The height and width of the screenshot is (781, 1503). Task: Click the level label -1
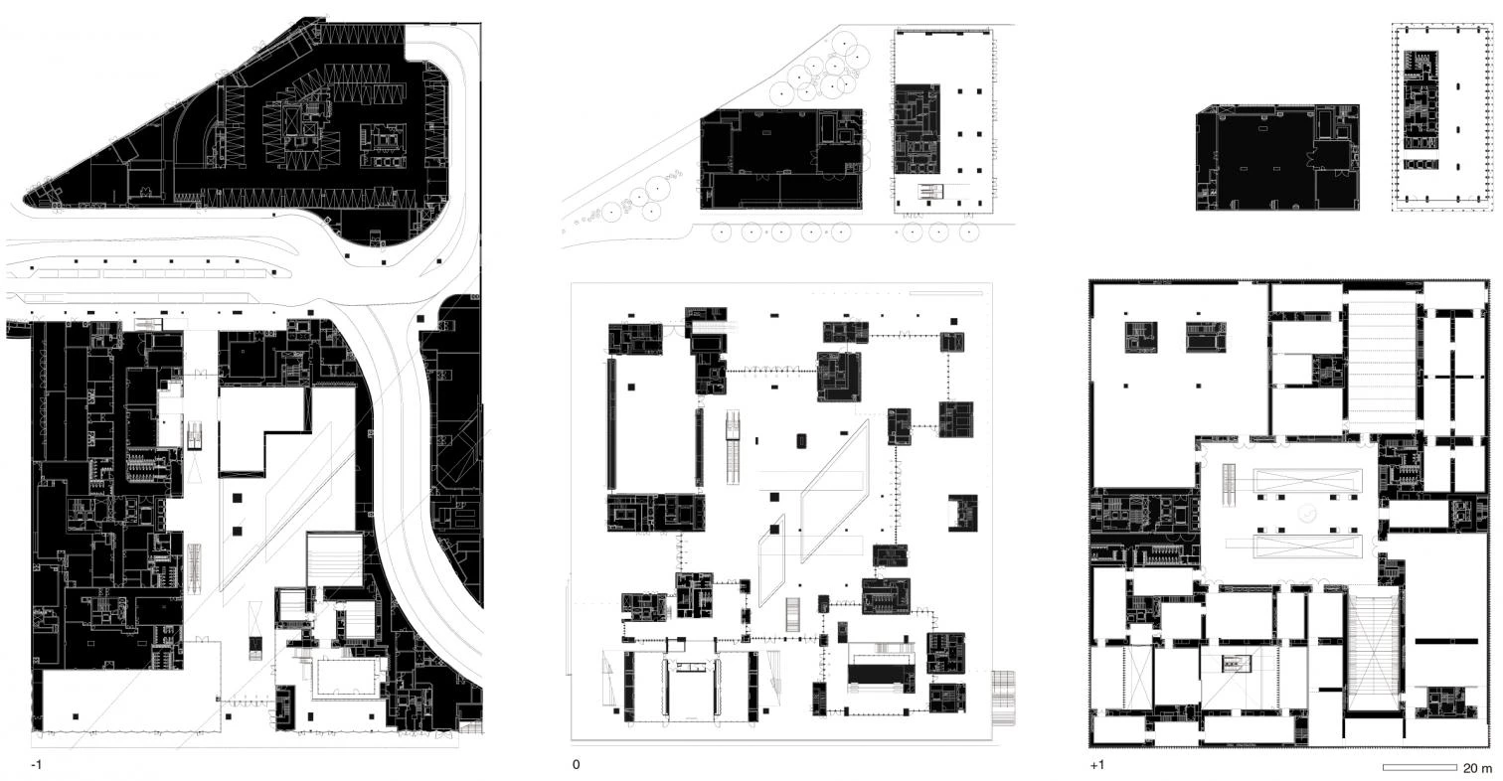point(36,764)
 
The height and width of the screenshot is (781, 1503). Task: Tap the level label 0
point(576,764)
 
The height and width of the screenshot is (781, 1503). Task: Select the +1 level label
point(1097,764)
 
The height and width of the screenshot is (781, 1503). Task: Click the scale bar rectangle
point(1419,767)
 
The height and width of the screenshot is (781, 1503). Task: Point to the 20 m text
point(1477,767)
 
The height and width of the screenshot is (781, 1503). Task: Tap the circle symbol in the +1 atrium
point(1306,514)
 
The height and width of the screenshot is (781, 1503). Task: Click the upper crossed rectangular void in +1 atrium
point(1308,480)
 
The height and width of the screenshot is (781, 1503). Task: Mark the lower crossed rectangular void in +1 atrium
point(1308,547)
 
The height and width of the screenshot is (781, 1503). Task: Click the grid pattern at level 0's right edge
point(1002,698)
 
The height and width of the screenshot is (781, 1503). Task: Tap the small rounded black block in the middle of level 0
point(801,441)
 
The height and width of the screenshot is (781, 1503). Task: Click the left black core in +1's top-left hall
point(1141,337)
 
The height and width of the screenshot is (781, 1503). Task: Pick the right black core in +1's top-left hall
point(1206,337)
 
